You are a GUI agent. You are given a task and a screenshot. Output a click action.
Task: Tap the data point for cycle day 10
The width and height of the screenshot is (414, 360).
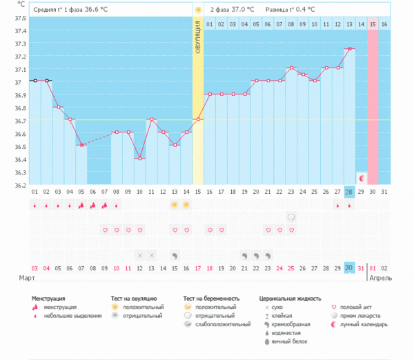(x=139, y=159)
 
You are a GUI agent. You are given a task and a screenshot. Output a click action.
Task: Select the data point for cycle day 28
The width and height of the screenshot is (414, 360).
(x=350, y=49)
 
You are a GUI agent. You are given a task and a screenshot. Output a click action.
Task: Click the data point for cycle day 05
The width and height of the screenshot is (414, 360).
(x=81, y=145)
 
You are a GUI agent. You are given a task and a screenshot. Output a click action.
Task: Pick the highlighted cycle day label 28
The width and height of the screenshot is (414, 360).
(x=349, y=192)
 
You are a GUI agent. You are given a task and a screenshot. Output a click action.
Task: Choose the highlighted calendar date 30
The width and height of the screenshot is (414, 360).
(x=349, y=268)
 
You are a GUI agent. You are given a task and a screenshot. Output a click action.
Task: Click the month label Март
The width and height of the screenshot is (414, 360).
(x=26, y=278)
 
